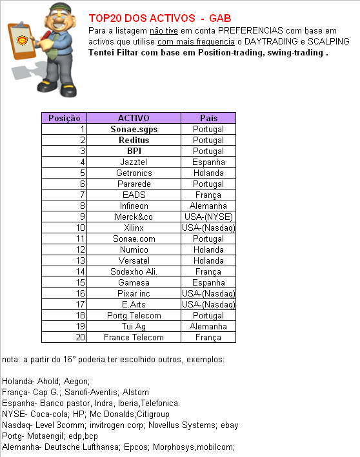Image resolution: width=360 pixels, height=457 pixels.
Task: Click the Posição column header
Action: (65, 118)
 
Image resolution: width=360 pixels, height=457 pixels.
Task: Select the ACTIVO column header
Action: (134, 118)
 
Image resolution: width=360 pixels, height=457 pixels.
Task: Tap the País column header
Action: (208, 118)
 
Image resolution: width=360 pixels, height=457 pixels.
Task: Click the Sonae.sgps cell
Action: (134, 129)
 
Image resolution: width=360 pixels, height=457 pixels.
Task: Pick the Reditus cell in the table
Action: (134, 140)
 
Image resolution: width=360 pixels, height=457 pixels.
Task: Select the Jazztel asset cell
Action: (134, 162)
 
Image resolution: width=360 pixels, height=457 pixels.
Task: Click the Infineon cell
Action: (134, 206)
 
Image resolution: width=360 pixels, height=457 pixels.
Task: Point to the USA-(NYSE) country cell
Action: (208, 217)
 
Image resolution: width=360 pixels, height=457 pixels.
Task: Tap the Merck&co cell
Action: (134, 217)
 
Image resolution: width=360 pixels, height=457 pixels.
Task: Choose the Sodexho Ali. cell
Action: (134, 271)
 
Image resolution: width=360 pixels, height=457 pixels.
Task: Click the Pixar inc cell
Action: (134, 293)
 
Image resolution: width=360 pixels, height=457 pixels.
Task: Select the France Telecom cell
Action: (134, 337)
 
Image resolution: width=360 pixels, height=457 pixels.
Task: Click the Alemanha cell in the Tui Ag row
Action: (208, 326)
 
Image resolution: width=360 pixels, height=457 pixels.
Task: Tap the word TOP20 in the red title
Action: (104, 19)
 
